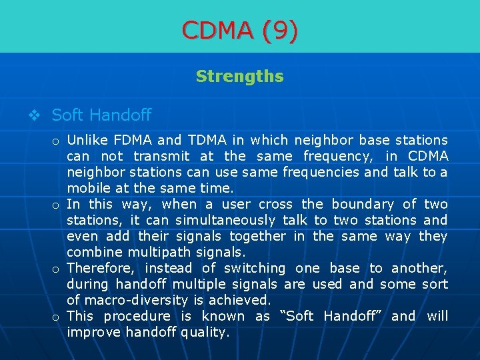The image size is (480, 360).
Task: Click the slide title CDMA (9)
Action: (240, 30)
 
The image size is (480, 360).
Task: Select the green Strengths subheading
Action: (240, 77)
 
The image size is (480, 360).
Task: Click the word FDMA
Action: (133, 140)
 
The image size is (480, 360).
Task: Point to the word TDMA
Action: (207, 140)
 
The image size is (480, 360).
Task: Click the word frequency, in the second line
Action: (339, 156)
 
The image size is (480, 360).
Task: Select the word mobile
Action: (87, 188)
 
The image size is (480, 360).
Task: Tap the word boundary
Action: (363, 204)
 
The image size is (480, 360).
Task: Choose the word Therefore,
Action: (101, 268)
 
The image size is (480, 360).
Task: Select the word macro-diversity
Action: (134, 300)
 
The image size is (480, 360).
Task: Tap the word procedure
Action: (137, 316)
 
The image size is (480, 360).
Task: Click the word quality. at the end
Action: (205, 332)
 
